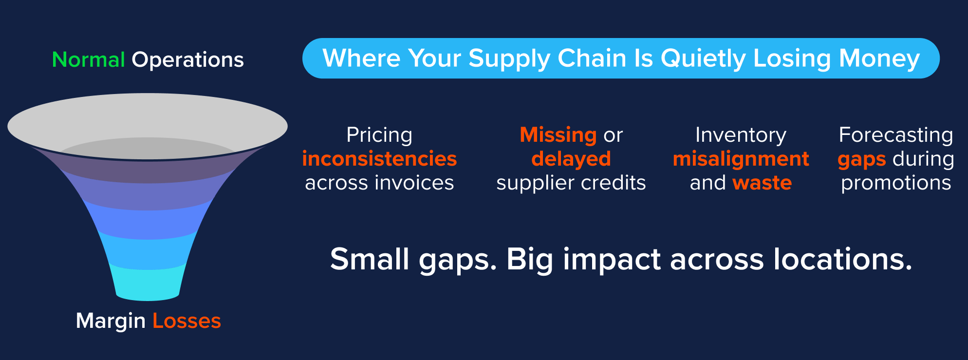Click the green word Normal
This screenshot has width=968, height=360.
[x=89, y=60]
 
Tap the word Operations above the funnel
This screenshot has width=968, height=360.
[x=187, y=60]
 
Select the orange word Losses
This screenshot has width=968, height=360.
[x=186, y=321]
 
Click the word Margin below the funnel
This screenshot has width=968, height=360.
[x=111, y=321]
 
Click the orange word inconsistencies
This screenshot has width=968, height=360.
[x=379, y=159]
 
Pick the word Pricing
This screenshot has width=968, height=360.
[x=379, y=135]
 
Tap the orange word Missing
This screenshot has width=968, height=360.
[x=558, y=135]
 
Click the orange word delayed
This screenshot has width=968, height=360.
[x=571, y=159]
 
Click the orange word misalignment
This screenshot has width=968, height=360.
[x=741, y=159]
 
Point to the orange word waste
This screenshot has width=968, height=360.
[x=762, y=183]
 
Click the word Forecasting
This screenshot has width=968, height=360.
[x=896, y=135]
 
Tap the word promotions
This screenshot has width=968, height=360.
[x=896, y=183]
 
